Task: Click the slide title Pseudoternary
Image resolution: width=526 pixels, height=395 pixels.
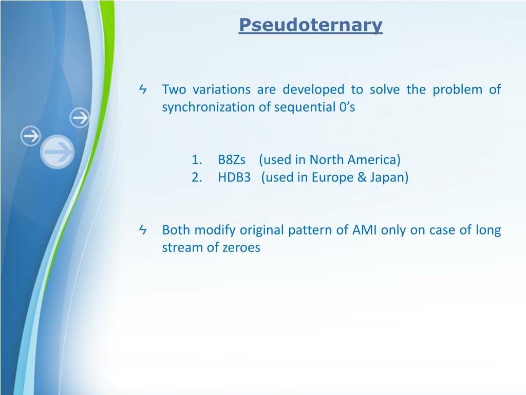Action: coord(311,25)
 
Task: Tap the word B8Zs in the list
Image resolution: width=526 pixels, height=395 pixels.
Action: coord(232,159)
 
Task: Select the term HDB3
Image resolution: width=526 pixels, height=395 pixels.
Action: coord(234,177)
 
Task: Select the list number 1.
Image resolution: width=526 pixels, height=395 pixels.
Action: coord(197,159)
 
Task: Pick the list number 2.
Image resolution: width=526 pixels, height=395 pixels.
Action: coord(197,177)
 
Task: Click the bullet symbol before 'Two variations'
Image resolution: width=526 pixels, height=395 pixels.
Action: coord(143,89)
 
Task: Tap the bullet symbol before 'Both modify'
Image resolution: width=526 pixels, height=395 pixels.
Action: coord(143,230)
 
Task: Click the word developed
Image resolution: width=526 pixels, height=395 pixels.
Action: coord(313,89)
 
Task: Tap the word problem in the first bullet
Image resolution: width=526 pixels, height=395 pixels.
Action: coord(457,89)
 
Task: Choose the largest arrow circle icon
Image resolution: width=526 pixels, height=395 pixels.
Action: coord(58,152)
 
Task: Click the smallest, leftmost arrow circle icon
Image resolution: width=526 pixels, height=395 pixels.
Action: coord(30,136)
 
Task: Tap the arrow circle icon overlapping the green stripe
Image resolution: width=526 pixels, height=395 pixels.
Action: coord(80,118)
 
